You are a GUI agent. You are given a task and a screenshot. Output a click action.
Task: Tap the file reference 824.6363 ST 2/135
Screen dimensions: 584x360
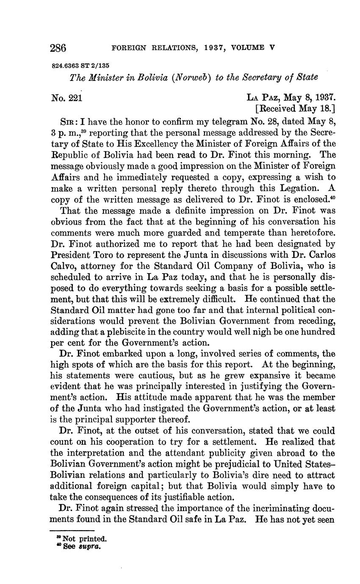(80, 66)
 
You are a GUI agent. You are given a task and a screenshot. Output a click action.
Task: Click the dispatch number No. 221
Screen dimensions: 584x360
(66, 98)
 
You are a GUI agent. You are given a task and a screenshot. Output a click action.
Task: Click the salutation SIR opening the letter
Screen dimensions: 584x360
(69, 122)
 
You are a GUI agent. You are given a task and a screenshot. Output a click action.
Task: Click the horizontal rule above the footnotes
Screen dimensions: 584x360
(72, 531)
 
